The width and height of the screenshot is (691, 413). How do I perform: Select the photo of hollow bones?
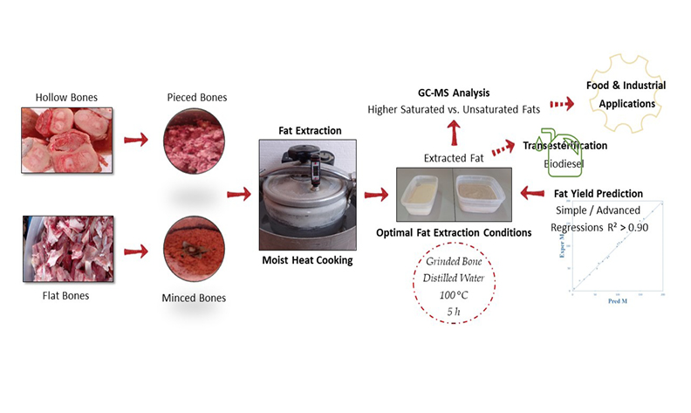[67, 138]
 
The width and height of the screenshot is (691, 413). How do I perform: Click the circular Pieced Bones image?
[197, 141]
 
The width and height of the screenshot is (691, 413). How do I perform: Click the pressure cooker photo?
[309, 194]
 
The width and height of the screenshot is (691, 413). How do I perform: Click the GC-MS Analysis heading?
[453, 93]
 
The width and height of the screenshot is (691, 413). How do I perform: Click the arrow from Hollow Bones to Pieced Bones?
[136, 139]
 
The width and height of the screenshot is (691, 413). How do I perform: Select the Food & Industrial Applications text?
[627, 94]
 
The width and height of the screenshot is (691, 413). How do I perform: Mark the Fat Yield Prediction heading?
[599, 193]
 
